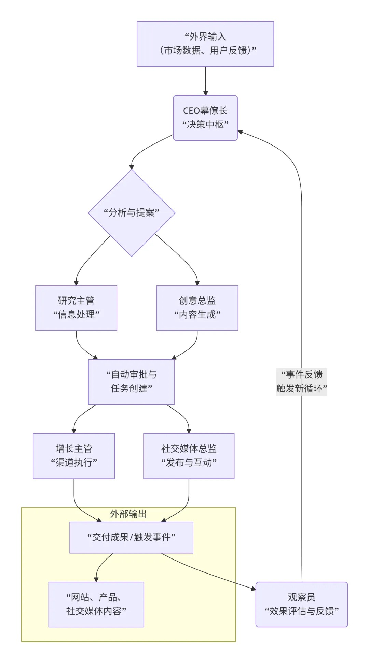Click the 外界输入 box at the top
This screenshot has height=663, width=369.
pyautogui.click(x=205, y=44)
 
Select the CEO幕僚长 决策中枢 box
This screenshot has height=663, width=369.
pyautogui.click(x=205, y=118)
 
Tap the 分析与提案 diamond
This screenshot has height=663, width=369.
pyautogui.click(x=132, y=213)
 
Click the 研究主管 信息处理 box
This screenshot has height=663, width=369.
pyautogui.click(x=76, y=308)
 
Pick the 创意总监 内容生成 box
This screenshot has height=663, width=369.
pyautogui.click(x=197, y=308)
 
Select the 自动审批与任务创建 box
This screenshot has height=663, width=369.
pyautogui.click(x=131, y=382)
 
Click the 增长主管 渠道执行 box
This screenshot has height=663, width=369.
pyautogui.click(x=73, y=456)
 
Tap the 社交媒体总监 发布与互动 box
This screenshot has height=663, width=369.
pyautogui.click(x=189, y=456)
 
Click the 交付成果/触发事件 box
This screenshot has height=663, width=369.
pyautogui.click(x=131, y=537)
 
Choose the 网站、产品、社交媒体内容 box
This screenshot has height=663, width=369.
pyautogui.click(x=96, y=604)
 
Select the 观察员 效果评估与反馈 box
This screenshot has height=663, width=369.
pyautogui.click(x=301, y=604)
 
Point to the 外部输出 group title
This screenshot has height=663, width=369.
pyautogui.click(x=128, y=514)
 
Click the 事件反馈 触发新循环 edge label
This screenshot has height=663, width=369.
pyautogui.click(x=301, y=382)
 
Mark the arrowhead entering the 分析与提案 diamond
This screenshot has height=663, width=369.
pyautogui.click(x=132, y=167)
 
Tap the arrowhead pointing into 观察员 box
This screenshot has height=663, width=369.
pyautogui.click(x=253, y=588)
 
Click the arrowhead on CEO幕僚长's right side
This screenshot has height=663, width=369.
pyautogui.click(x=240, y=132)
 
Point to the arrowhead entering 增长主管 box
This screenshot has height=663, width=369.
pyautogui.click(x=74, y=431)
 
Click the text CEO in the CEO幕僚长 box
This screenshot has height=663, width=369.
pyautogui.click(x=191, y=111)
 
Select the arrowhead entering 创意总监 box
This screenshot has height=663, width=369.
pyautogui.click(x=197, y=283)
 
